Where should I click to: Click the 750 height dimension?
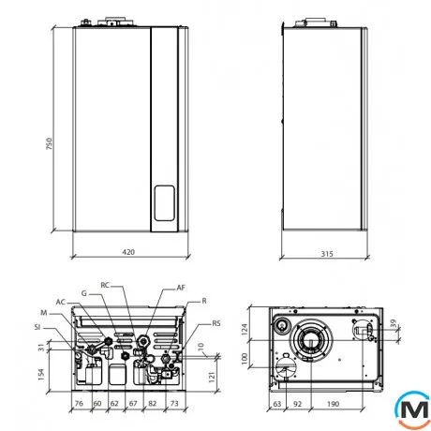[x=50, y=143]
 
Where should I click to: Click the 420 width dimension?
[x=128, y=252]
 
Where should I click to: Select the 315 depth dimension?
[x=327, y=254]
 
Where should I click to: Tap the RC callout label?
[x=105, y=285]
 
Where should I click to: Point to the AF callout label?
[x=181, y=288]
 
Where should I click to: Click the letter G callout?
[x=84, y=293]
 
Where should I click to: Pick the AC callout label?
[x=61, y=302]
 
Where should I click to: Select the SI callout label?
[x=37, y=327]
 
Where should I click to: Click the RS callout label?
[x=216, y=323]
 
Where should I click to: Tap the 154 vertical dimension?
[x=41, y=375]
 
